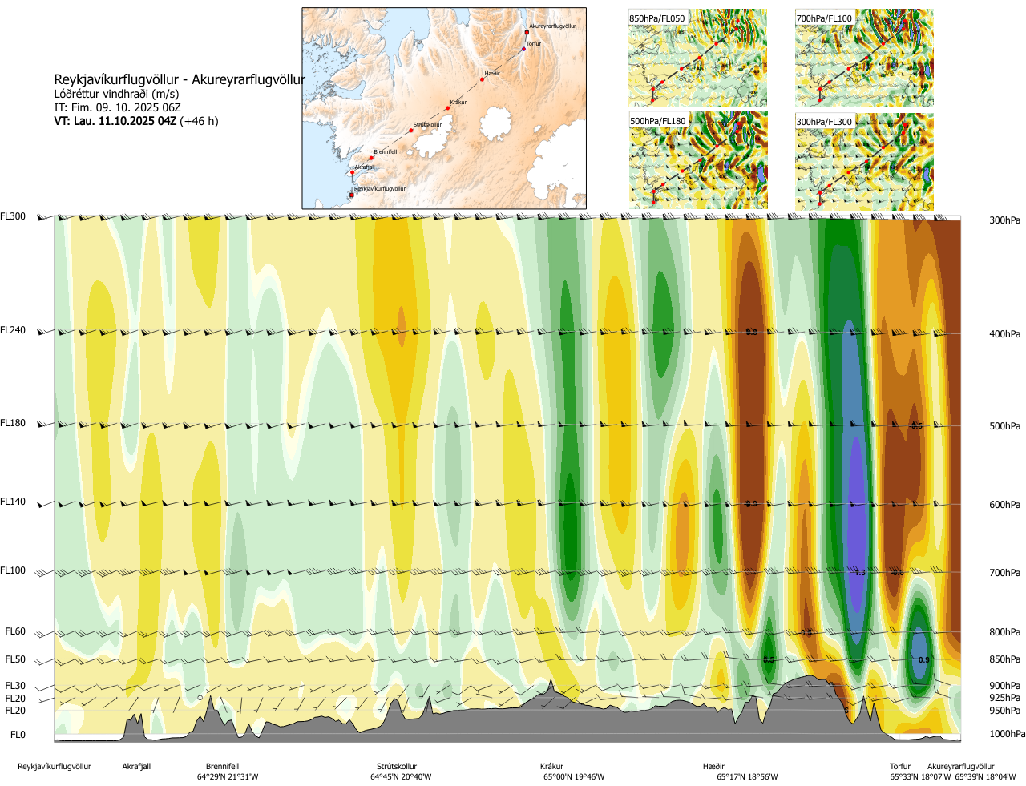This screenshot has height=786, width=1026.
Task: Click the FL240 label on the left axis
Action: click(13, 330)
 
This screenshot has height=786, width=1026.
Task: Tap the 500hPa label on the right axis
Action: click(1004, 426)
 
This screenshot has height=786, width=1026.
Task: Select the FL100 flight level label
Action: click(13, 570)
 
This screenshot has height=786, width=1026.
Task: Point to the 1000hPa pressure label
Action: click(1007, 734)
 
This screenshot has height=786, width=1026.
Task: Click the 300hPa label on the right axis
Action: click(1004, 220)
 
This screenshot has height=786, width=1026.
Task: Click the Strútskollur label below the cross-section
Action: click(397, 767)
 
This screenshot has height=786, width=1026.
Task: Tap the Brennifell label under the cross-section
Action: click(222, 767)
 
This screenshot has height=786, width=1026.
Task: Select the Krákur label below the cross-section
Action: click(551, 767)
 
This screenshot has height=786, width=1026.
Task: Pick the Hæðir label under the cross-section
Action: click(713, 767)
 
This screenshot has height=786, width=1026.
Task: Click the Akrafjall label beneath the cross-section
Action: click(136, 767)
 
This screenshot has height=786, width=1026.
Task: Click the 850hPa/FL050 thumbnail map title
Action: click(657, 18)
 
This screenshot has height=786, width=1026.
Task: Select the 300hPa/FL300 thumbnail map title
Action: click(824, 122)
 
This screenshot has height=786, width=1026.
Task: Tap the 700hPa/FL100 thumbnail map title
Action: click(824, 18)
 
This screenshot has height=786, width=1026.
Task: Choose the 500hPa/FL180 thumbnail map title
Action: click(658, 122)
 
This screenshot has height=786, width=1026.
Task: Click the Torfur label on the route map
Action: click(534, 44)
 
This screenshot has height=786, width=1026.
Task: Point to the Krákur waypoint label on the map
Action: click(458, 103)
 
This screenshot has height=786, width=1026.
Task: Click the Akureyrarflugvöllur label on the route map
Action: click(552, 26)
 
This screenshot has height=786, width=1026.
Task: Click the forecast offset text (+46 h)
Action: click(199, 121)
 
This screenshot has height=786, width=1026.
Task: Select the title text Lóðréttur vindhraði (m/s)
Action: click(116, 94)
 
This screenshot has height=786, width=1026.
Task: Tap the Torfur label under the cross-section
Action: click(900, 767)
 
